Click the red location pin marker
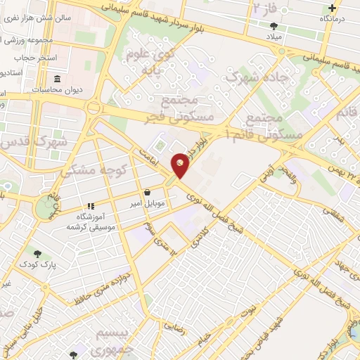(181, 165)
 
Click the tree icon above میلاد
(274, 27)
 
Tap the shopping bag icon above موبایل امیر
(147, 192)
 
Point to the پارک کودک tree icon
(37, 253)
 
